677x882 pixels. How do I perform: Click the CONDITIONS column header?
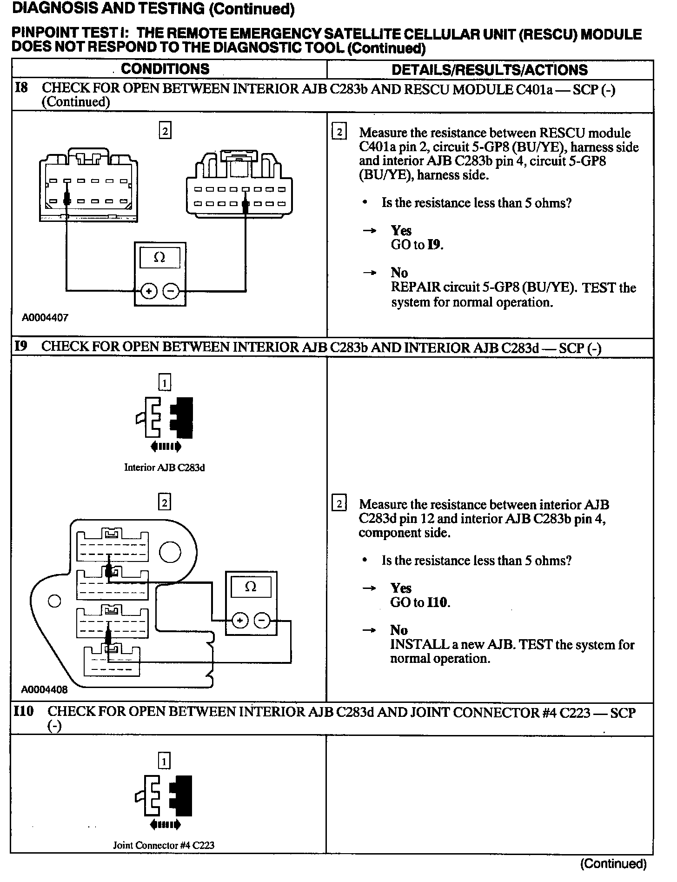[x=165, y=69]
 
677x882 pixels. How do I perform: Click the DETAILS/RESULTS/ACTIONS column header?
[x=490, y=70]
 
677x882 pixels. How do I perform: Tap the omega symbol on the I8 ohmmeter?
[x=159, y=257]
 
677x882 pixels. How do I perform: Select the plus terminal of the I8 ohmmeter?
[x=149, y=292]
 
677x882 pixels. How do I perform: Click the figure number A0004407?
[x=45, y=318]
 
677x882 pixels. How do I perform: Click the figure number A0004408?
[x=45, y=689]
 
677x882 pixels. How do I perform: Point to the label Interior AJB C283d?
[x=164, y=468]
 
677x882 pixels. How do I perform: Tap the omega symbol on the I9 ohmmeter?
[x=251, y=587]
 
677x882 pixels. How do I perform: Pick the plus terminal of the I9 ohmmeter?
[x=240, y=621]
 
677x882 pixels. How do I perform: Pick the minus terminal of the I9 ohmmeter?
[x=262, y=621]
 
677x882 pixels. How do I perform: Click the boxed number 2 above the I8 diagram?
[x=165, y=131]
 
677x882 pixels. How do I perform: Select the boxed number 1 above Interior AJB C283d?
[x=165, y=382]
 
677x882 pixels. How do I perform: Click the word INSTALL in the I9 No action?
[x=413, y=645]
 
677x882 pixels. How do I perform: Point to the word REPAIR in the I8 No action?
[x=415, y=287]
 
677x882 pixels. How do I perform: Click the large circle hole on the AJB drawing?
[x=170, y=552]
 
